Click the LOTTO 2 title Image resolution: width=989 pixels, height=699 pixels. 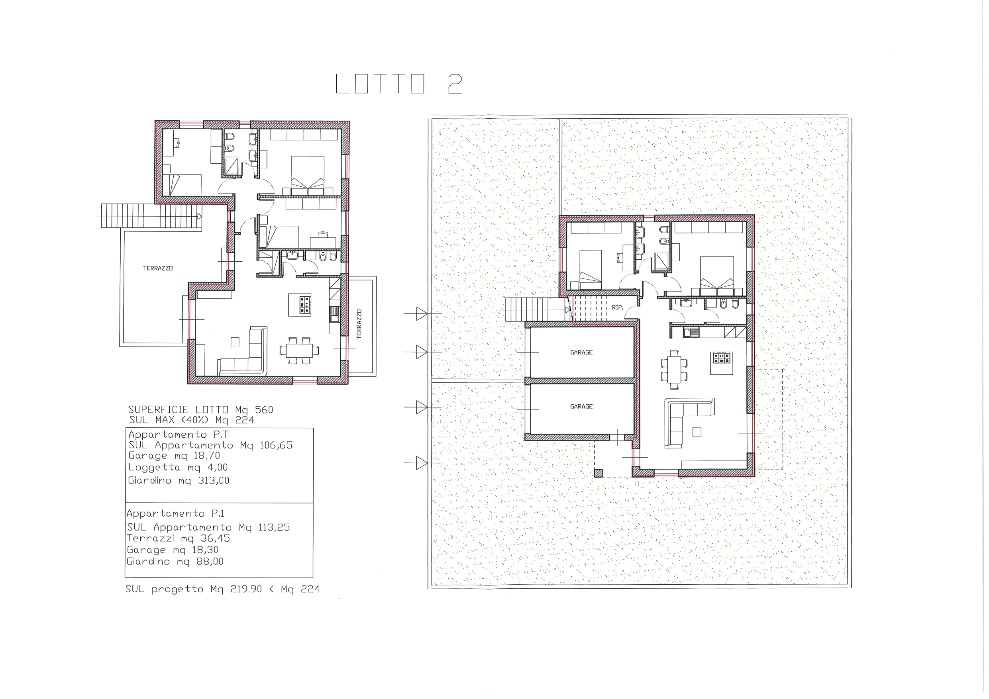tap(398, 84)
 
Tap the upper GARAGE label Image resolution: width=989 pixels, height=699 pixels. tap(581, 352)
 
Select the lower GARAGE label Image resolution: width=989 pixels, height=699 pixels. tap(581, 406)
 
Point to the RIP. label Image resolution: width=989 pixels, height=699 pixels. tap(617, 307)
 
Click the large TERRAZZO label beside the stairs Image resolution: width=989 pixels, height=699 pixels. tap(158, 268)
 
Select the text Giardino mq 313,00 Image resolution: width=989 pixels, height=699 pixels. tap(179, 480)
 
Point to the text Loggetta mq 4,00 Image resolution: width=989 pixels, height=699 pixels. tap(178, 467)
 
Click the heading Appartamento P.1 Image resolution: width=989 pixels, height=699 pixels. tap(176, 513)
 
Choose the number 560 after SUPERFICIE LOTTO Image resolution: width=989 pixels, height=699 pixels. tap(264, 409)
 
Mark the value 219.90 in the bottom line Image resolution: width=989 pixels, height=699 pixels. tap(246, 589)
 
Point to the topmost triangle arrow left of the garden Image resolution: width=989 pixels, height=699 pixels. tap(422, 314)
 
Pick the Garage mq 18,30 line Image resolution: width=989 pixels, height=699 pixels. tap(173, 550)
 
